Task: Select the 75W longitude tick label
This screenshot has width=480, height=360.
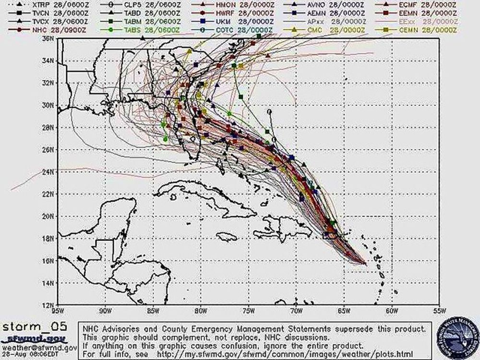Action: (249, 311)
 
